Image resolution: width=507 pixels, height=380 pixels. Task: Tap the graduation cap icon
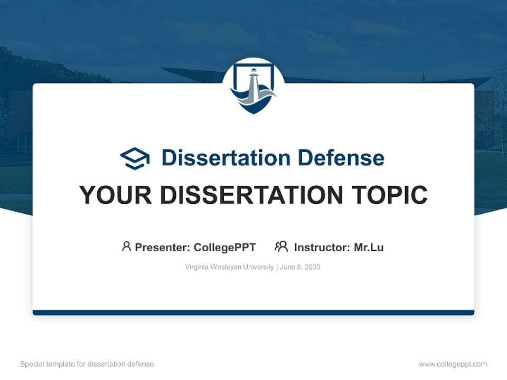[135, 158]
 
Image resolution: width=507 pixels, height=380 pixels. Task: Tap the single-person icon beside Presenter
[126, 246]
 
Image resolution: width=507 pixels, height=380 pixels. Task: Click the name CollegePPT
[225, 247]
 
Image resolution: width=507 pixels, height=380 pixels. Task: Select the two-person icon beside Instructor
[281, 246]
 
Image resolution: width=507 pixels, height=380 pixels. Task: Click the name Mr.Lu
[369, 247]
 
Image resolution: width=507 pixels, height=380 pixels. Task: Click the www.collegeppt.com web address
[453, 364]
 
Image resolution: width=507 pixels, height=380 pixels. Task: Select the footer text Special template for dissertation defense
[87, 364]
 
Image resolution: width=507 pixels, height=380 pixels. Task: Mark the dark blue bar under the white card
[253, 312]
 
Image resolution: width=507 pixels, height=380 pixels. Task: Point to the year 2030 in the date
[312, 267]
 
